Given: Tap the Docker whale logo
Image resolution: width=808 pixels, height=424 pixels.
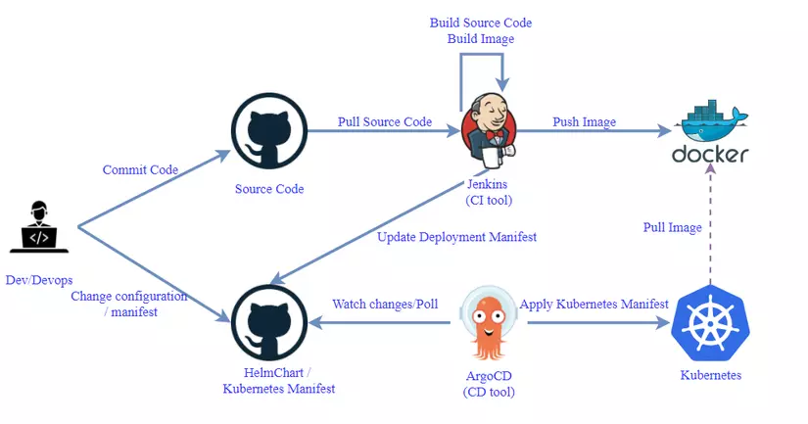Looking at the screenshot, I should pyautogui.click(x=711, y=122).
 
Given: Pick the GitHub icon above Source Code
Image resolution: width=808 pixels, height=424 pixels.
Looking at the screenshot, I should pyautogui.click(x=268, y=131).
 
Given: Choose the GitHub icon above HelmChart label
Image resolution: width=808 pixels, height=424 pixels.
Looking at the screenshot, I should pyautogui.click(x=268, y=322).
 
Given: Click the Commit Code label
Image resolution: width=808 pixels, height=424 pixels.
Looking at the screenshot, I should pyautogui.click(x=140, y=170).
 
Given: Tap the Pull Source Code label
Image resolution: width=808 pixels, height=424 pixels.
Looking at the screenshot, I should pyautogui.click(x=385, y=122).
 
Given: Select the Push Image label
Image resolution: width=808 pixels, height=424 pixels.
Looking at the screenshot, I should pyautogui.click(x=585, y=122).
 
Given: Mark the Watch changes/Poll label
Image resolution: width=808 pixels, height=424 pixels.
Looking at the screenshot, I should pyautogui.click(x=386, y=305).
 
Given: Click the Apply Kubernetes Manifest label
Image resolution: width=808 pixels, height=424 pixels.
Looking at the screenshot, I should pyautogui.click(x=594, y=305).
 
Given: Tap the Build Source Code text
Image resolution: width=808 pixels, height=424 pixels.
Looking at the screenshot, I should pyautogui.click(x=481, y=22).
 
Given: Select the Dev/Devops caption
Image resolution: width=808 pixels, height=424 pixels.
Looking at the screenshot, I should pyautogui.click(x=39, y=280).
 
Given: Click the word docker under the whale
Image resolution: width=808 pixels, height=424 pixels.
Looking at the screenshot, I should pyautogui.click(x=710, y=155).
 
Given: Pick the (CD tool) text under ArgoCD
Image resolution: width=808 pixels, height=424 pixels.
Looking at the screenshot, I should pyautogui.click(x=488, y=392).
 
